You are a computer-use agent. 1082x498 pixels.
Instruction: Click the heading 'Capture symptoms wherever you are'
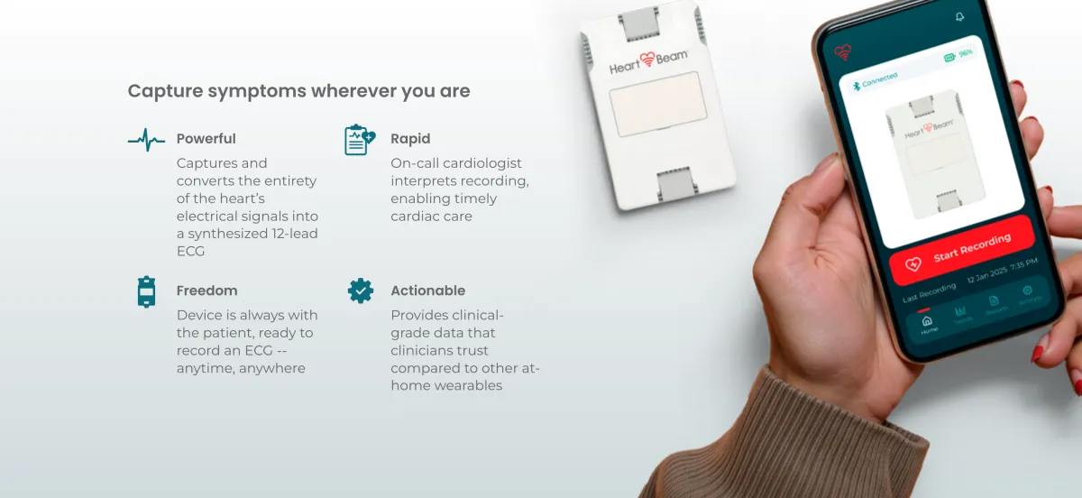298,91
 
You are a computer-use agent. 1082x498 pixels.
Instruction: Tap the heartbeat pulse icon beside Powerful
146,139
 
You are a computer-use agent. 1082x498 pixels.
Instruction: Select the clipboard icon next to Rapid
360,140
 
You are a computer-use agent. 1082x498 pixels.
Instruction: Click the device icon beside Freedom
146,292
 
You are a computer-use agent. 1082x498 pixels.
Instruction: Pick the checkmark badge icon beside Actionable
361,291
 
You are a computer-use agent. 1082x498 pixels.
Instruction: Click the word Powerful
206,139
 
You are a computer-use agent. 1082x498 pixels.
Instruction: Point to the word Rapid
410,139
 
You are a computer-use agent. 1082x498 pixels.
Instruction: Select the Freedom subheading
206,290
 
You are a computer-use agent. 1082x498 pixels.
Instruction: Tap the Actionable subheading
427,290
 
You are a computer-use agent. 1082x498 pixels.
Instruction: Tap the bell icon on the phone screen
959,17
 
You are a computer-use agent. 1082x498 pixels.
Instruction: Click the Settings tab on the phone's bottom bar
1027,293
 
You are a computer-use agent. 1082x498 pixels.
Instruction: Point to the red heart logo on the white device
646,60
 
